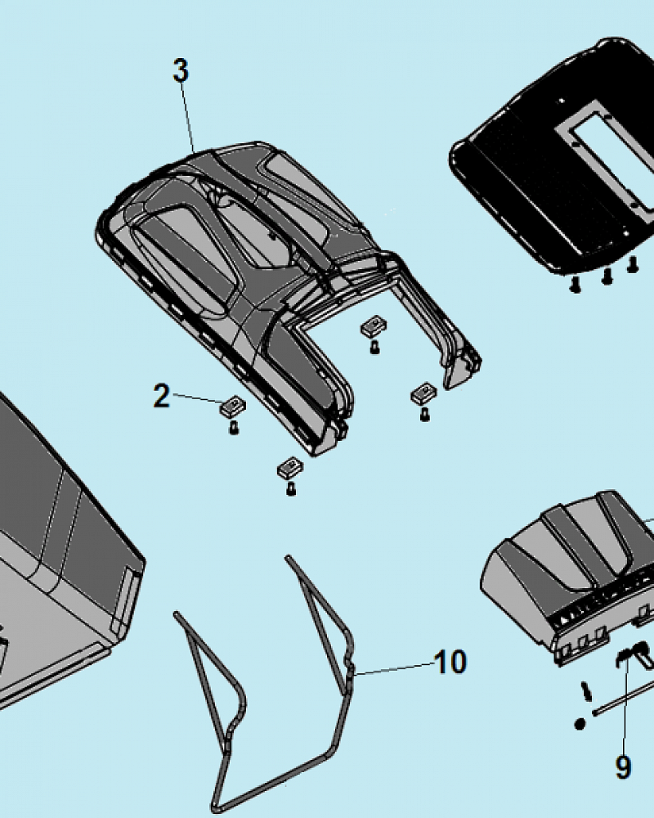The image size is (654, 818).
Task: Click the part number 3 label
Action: pos(181,70)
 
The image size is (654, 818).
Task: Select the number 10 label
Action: pos(450,662)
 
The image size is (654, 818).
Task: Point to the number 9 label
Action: pos(623,767)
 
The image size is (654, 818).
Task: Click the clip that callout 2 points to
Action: pos(233,407)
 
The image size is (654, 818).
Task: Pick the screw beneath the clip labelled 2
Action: pos(234,428)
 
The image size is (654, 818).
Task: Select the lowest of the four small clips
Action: pos(290,468)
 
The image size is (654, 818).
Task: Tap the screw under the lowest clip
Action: pos(292,489)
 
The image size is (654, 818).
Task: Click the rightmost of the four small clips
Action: pos(424,393)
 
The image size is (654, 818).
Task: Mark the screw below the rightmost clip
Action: pos(425,415)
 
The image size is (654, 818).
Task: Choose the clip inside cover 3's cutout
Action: pos(374,326)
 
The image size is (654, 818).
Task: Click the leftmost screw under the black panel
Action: pos(576,285)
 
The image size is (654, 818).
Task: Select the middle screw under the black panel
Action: pos(607,276)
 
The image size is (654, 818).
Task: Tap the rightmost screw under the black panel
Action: pos(633,264)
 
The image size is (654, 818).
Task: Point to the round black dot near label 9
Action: pos(580,724)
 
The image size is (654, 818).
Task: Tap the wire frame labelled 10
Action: pos(263,683)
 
